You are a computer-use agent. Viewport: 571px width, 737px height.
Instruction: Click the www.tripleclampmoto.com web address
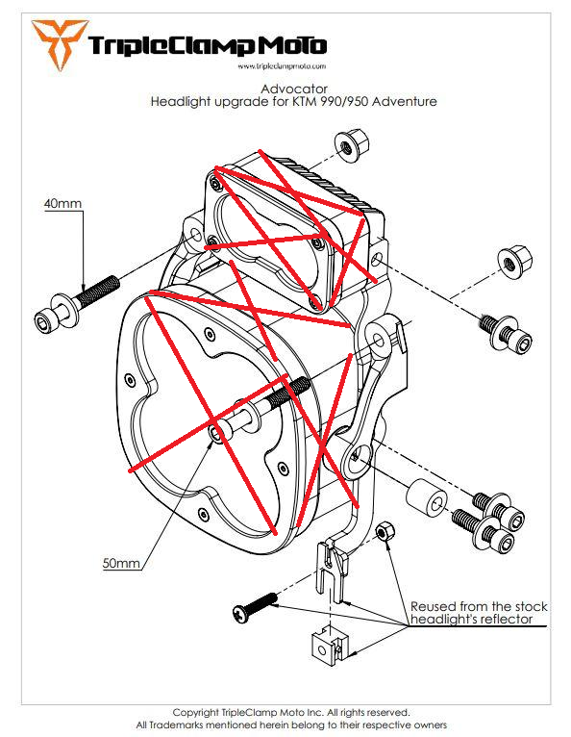point(280,66)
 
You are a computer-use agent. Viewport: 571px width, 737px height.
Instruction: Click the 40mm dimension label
point(63,204)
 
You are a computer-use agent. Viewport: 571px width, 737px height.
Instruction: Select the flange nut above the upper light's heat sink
point(346,147)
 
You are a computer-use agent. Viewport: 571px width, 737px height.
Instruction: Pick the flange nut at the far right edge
point(509,262)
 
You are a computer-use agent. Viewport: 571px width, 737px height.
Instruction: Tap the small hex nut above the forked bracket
point(383,531)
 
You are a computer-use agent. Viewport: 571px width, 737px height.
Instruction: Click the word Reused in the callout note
point(433,606)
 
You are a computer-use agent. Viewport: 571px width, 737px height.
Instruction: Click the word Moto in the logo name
point(292,45)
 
